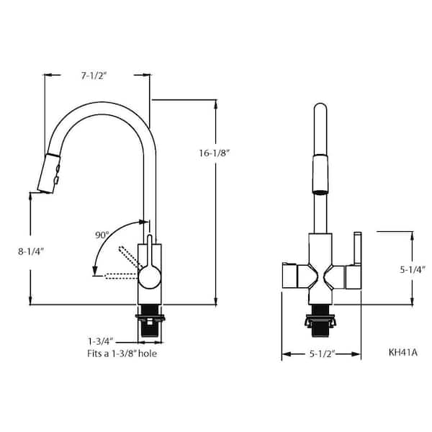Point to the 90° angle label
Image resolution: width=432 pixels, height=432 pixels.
[102, 235]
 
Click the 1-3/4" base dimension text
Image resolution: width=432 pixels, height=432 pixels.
[101, 341]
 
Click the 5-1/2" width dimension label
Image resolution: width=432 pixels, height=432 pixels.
[321, 354]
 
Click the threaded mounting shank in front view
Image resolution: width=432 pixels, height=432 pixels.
[320, 322]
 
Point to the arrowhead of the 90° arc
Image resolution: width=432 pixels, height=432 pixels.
[94, 271]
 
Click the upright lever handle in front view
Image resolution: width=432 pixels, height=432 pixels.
[355, 248]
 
